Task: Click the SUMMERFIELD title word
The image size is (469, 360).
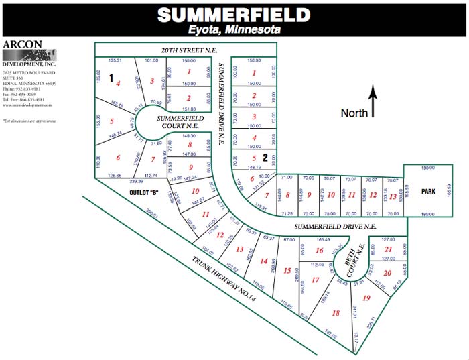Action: click(234, 15)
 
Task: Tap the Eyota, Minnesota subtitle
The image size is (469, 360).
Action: click(234, 29)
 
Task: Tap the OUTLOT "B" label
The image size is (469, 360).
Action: click(145, 192)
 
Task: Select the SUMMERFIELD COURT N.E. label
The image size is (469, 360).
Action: click(178, 121)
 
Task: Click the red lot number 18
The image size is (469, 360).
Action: click(336, 313)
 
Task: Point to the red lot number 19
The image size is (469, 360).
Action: click(366, 298)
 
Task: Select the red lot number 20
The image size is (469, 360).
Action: click(387, 273)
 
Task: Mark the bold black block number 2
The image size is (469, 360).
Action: click(265, 158)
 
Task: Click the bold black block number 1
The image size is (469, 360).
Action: click(112, 78)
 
